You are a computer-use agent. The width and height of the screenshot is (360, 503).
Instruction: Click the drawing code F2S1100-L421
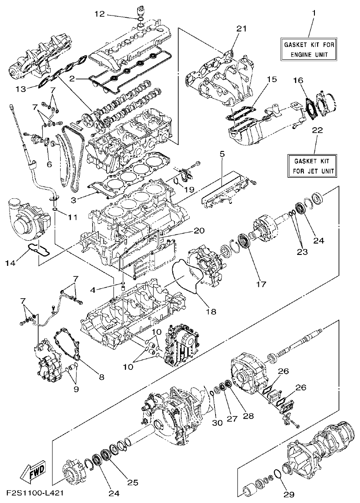point(35,494)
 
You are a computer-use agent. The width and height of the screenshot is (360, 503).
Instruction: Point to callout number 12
point(100,15)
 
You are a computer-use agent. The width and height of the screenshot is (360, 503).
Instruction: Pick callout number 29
point(290,494)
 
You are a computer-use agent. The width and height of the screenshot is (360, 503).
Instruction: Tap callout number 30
point(217,423)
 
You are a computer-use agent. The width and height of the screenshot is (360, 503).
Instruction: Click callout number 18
point(211,311)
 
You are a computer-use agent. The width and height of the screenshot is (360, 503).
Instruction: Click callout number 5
point(222,155)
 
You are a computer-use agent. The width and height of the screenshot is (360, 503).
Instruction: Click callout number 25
point(133,482)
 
